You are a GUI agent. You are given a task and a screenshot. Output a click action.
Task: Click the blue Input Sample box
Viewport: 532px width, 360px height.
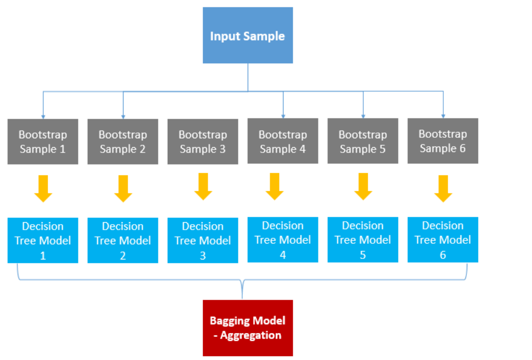pyautogui.click(x=248, y=35)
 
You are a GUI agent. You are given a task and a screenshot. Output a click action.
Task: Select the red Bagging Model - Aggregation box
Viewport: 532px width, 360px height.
pyautogui.click(x=248, y=328)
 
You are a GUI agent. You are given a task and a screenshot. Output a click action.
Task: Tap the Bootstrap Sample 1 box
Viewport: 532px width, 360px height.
pyautogui.click(x=43, y=141)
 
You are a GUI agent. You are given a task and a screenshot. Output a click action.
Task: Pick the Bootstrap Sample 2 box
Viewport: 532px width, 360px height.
pyautogui.click(x=123, y=141)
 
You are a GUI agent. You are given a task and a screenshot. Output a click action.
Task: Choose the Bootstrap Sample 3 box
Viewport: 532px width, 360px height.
pyautogui.click(x=203, y=141)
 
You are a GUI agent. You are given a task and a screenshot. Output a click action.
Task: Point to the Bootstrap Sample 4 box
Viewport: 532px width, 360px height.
pyautogui.click(x=283, y=141)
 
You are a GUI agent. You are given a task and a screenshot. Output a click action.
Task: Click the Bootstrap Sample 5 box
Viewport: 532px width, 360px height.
pyautogui.click(x=363, y=141)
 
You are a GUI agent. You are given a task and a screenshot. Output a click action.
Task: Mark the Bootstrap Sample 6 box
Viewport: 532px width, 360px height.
pyautogui.click(x=443, y=141)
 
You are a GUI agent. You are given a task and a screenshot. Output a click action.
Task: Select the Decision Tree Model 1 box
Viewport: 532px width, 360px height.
pyautogui.click(x=43, y=240)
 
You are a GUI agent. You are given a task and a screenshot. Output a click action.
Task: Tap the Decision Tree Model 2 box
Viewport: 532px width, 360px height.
pyautogui.click(x=123, y=240)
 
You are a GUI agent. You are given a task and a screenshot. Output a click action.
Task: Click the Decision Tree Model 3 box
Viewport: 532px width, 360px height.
pyautogui.click(x=203, y=240)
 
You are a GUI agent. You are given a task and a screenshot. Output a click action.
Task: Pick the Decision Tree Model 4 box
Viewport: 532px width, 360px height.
pyautogui.click(x=283, y=239)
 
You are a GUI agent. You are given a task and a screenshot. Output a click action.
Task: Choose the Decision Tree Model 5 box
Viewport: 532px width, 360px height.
pyautogui.click(x=363, y=239)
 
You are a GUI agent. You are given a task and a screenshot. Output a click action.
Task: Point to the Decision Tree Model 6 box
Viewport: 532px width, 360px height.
pyautogui.click(x=443, y=239)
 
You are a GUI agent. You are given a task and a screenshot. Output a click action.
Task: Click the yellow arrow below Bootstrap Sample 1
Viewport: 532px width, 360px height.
pyautogui.click(x=43, y=189)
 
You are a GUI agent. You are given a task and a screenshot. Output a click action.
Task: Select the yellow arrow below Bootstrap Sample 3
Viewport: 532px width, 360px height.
pyautogui.click(x=203, y=186)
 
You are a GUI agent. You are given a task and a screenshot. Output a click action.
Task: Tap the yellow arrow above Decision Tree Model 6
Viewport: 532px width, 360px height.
pyautogui.click(x=443, y=189)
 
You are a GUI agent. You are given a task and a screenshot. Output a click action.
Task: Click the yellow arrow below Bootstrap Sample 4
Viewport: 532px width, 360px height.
pyautogui.click(x=275, y=186)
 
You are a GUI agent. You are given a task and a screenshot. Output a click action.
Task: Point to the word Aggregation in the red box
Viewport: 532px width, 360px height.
pyautogui.click(x=251, y=335)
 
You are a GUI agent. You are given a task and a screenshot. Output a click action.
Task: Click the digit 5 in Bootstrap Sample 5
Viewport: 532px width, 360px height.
pyautogui.click(x=382, y=149)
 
